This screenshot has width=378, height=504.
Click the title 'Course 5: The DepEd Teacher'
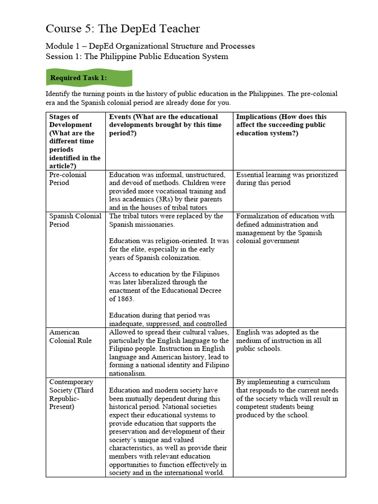tap(123, 29)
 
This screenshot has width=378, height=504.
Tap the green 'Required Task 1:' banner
tap(89, 78)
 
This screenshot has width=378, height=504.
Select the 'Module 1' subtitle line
tap(150, 46)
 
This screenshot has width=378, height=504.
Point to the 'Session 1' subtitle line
tap(137, 56)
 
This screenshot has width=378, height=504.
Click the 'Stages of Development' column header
tap(75, 137)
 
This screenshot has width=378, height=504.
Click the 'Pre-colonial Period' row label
tap(68, 179)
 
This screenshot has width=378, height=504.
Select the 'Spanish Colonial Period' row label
tap(75, 220)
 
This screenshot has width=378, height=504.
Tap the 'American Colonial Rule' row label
tap(70, 336)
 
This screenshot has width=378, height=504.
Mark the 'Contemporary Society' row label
tap(71, 394)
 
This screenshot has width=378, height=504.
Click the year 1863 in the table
tap(125, 299)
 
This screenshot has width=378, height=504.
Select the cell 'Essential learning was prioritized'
tap(287, 179)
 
